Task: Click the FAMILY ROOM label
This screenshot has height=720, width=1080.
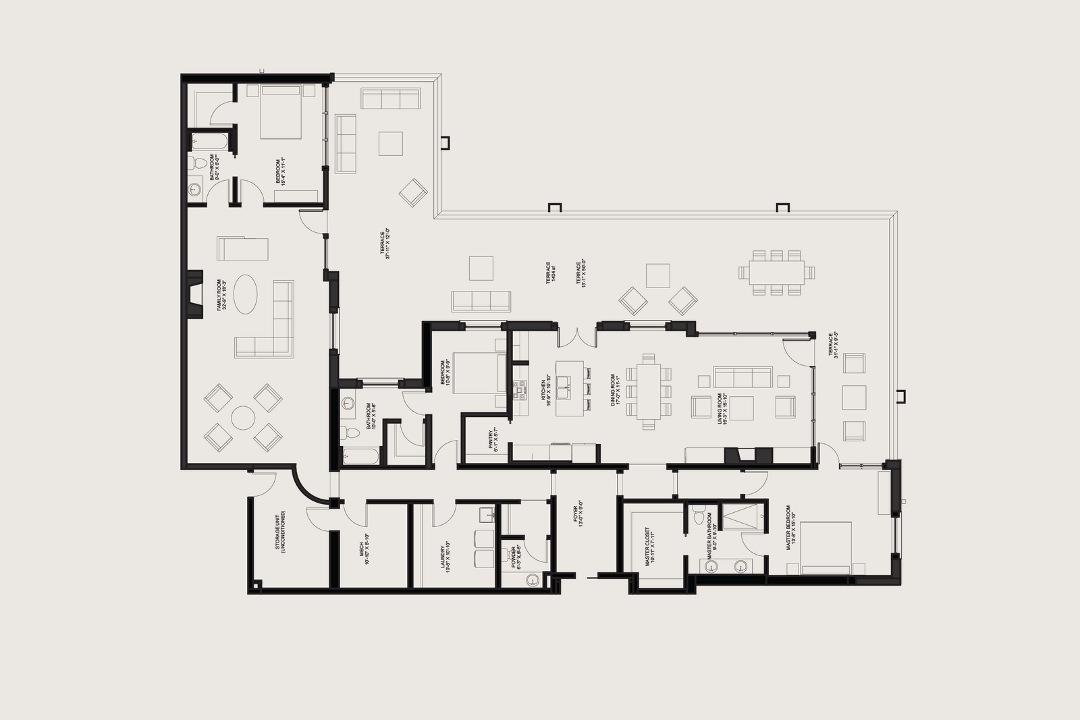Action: pos(221,296)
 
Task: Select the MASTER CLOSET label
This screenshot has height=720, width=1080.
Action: pos(650,547)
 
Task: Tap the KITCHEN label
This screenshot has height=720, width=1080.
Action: pos(545,390)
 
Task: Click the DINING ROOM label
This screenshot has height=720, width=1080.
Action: pos(615,389)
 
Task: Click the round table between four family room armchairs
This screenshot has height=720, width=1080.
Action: pos(242,418)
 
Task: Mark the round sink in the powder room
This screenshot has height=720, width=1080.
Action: pos(534,580)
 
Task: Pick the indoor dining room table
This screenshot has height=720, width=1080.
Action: pos(649,391)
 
